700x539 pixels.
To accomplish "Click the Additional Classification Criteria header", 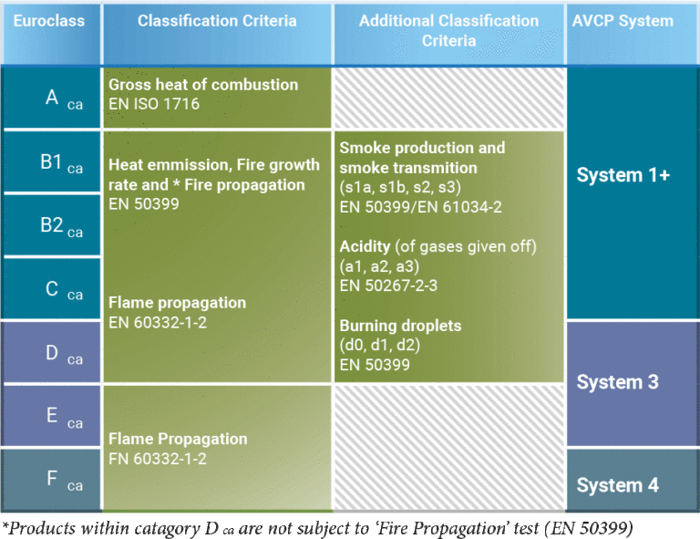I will pyautogui.click(x=448, y=31).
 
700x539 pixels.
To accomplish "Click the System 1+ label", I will pyautogui.click(x=623, y=175).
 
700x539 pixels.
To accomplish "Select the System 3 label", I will pyautogui.click(x=617, y=382).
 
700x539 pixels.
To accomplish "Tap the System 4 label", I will pyautogui.click(x=617, y=485).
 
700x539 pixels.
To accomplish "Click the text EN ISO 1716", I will pyautogui.click(x=154, y=104).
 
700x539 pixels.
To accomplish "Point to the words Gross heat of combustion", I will pyautogui.click(x=203, y=85).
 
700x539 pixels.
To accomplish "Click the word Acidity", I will pyautogui.click(x=365, y=246).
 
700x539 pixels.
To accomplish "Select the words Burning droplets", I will pyautogui.click(x=400, y=326).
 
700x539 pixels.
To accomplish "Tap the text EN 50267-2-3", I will pyautogui.click(x=387, y=285).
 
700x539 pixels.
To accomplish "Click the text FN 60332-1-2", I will pyautogui.click(x=158, y=459).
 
